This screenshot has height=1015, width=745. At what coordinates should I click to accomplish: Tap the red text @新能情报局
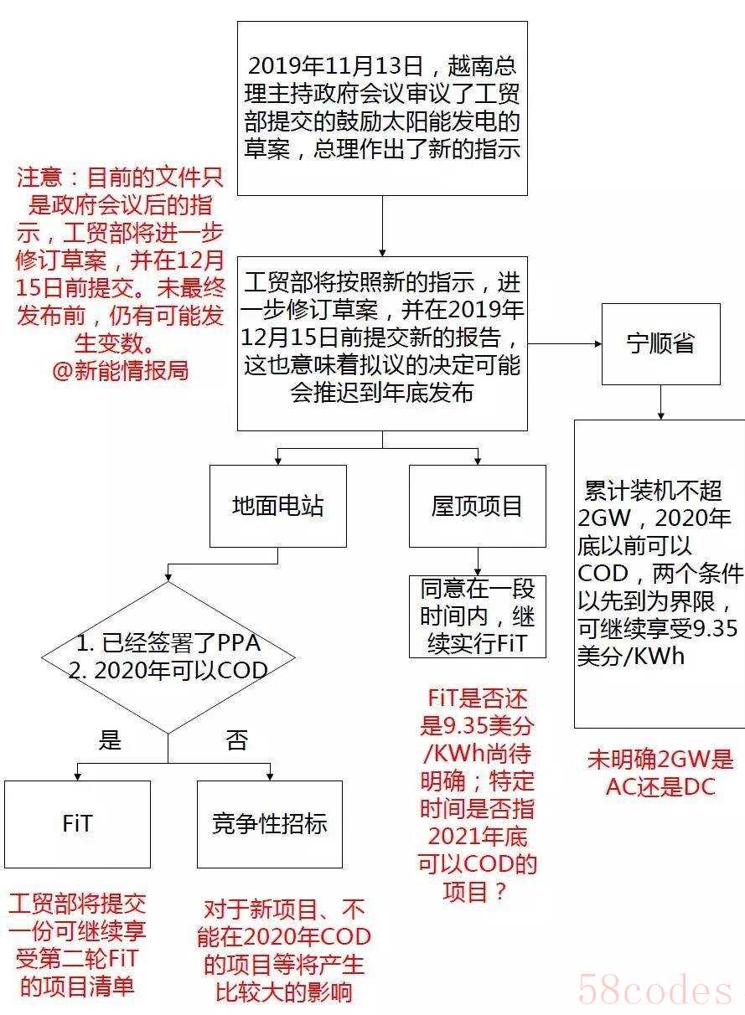tap(120, 370)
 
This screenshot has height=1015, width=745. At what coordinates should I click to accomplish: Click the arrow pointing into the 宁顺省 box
tap(565, 344)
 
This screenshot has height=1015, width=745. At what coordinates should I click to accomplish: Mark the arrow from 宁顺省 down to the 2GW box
tap(660, 402)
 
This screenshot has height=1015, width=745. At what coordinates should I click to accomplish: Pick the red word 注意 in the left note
tap(39, 177)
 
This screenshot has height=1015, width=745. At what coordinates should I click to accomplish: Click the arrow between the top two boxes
tap(382, 226)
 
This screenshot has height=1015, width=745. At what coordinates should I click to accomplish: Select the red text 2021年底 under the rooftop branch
tap(477, 837)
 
